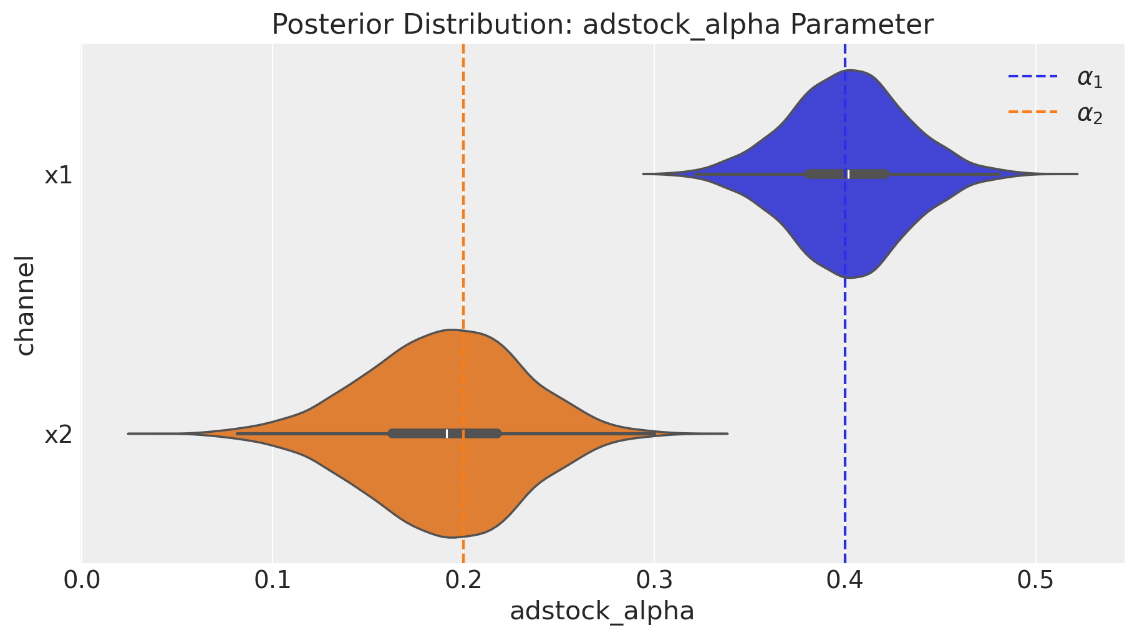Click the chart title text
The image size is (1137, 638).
[602, 25]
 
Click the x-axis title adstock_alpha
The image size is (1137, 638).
[602, 611]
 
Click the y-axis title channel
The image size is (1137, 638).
[25, 305]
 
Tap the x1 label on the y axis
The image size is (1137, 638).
[59, 176]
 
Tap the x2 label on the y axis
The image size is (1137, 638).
[59, 435]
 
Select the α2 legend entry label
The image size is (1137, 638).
[1090, 115]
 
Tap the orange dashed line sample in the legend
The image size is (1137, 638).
[1033, 113]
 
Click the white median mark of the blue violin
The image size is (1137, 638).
[848, 174]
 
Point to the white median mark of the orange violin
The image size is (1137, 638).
[447, 433]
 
